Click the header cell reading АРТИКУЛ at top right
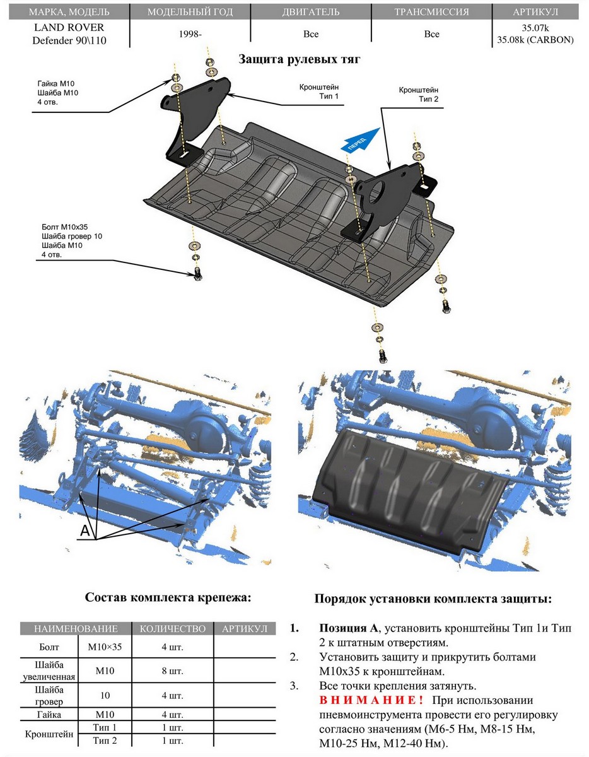tap(535, 12)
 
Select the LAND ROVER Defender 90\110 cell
tap(68, 34)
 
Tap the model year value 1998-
tap(190, 34)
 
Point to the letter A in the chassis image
tap(85, 531)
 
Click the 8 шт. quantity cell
tap(172, 671)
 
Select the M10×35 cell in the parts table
tap(105, 647)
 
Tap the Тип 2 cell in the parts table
tap(105, 740)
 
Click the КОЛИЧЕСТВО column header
tap(172, 628)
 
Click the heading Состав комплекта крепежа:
tap(168, 597)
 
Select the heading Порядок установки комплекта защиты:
tap(433, 598)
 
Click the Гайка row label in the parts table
tap(49, 715)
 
